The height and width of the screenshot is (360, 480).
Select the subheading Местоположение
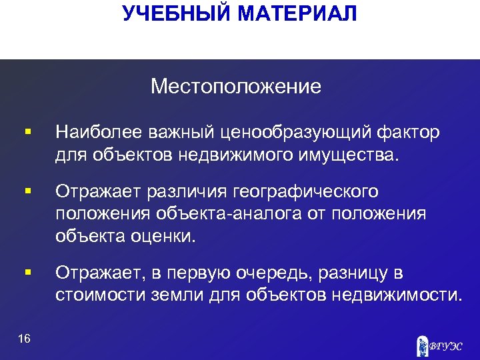(x=235, y=86)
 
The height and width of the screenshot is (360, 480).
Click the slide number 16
(x=25, y=339)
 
